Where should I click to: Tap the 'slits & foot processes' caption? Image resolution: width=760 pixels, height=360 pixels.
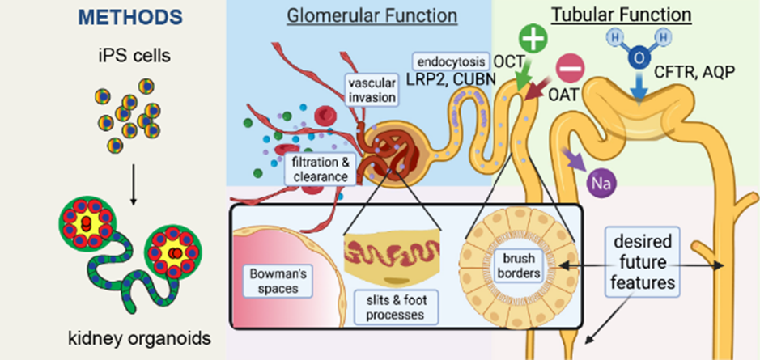[392, 303]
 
